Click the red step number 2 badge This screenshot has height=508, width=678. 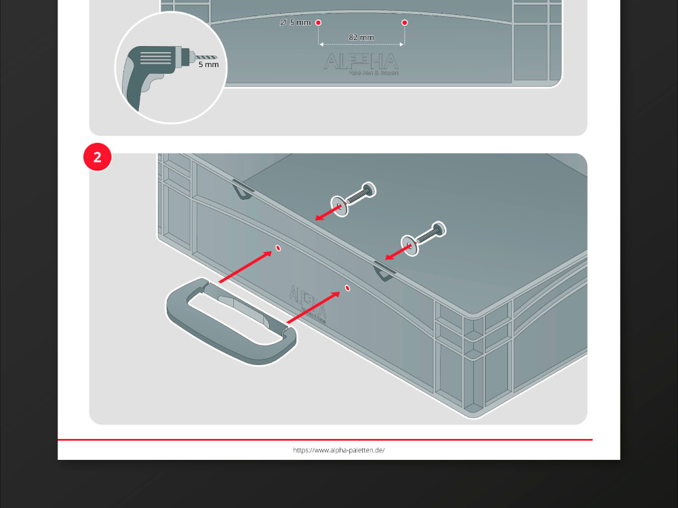(97, 157)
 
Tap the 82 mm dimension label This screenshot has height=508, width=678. (361, 37)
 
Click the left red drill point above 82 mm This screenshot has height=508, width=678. (318, 23)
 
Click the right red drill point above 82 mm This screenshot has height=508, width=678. (404, 23)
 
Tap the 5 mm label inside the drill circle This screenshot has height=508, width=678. (208, 66)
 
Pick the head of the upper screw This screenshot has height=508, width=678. (369, 190)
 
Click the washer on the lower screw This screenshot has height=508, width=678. (410, 246)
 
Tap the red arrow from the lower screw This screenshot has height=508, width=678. (397, 253)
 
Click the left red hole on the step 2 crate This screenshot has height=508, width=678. (278, 250)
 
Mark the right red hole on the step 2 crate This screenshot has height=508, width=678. (348, 289)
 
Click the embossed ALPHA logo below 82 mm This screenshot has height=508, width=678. (361, 62)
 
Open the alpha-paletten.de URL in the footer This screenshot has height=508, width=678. (339, 450)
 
